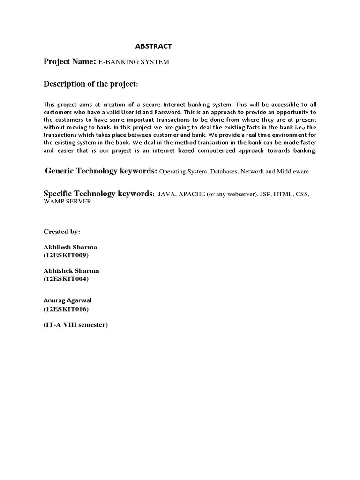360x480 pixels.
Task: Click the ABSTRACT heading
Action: point(153,46)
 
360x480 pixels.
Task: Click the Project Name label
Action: point(69,62)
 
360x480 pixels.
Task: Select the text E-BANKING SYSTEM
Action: point(134,62)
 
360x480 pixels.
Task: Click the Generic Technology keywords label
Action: point(101,171)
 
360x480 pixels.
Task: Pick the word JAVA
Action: point(166,194)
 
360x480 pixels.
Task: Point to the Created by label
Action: point(62,232)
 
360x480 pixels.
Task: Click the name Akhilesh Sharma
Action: point(70,247)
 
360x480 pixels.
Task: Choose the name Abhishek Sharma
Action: point(71,271)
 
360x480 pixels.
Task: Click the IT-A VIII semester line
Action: point(75,324)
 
